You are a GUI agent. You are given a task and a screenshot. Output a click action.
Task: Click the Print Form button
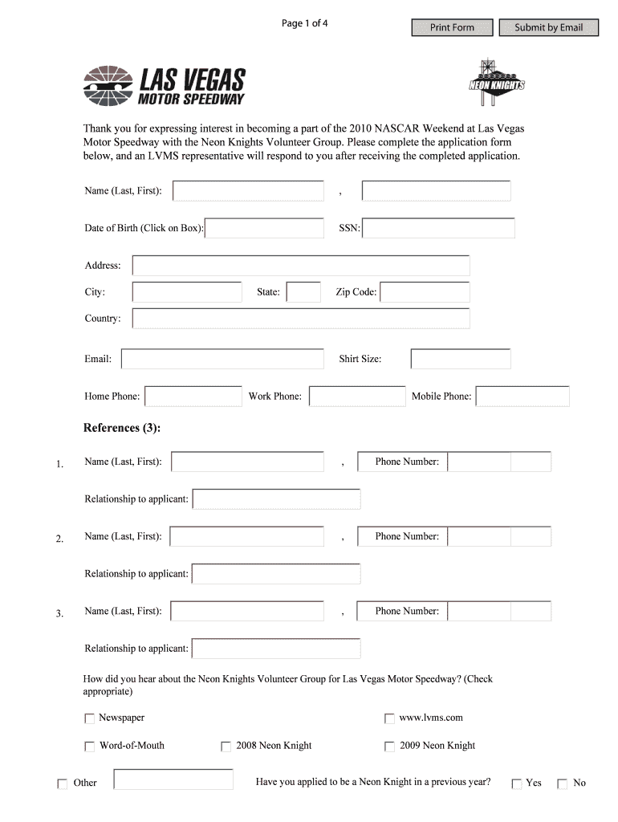tap(452, 28)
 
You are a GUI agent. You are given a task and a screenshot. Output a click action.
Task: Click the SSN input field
tap(438, 229)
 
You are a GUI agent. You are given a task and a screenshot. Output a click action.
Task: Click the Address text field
tap(301, 266)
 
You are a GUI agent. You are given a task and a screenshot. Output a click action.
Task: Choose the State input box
tap(303, 292)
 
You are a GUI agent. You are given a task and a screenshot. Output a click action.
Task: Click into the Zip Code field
tap(425, 292)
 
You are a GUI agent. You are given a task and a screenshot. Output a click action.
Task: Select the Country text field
tap(301, 319)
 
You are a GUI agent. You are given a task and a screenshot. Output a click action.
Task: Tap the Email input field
tap(222, 359)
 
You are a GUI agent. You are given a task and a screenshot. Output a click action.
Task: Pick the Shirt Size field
tap(460, 359)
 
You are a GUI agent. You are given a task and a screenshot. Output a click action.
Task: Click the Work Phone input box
tap(357, 397)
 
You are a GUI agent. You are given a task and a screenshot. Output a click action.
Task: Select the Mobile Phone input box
tap(522, 397)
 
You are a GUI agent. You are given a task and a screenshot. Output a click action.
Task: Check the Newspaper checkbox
tap(89, 718)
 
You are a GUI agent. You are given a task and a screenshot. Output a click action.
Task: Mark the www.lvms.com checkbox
tap(389, 718)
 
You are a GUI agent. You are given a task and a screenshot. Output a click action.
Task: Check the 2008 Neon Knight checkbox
tap(226, 747)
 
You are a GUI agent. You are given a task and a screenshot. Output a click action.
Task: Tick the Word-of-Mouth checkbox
tap(89, 747)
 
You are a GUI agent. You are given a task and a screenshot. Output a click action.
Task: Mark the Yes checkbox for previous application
tap(517, 783)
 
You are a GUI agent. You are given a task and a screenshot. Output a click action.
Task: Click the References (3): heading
tap(122, 428)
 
